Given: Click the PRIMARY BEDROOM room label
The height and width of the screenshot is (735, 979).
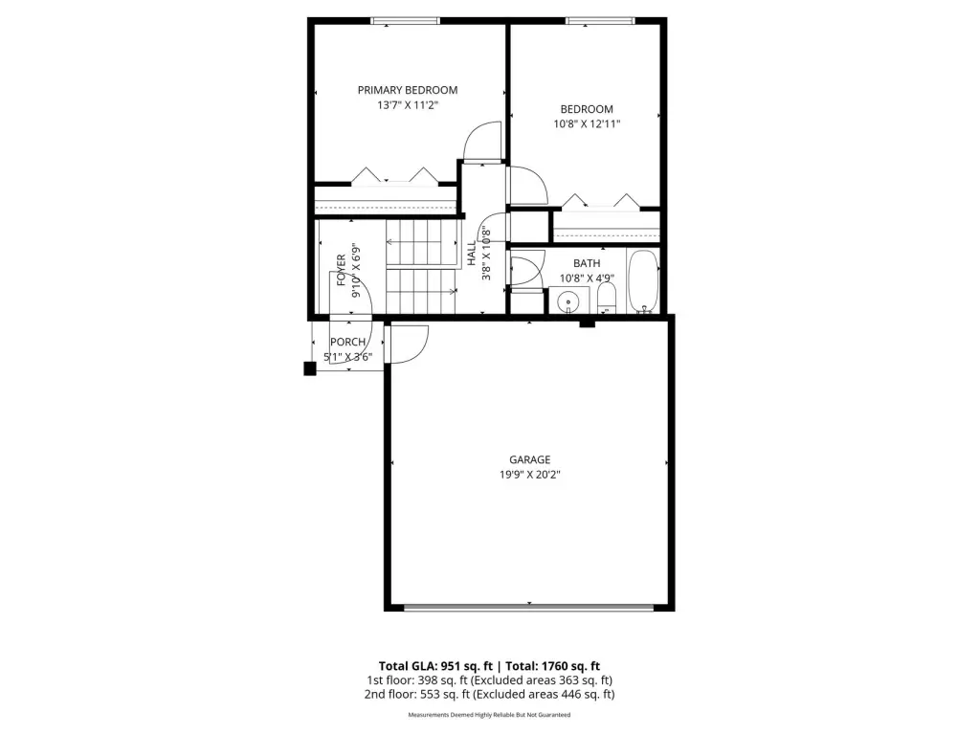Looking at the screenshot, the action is click(x=407, y=90).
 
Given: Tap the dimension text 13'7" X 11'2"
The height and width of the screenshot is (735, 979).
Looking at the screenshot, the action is click(x=407, y=105).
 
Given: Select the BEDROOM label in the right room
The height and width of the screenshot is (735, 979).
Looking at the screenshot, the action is click(x=587, y=109).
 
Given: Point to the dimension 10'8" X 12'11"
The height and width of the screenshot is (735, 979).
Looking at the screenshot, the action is click(x=587, y=123).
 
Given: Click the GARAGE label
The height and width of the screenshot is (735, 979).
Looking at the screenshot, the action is click(x=529, y=459).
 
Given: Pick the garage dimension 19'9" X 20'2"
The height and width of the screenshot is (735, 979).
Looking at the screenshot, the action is click(x=529, y=475).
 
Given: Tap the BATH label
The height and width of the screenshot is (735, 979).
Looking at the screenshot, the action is click(x=587, y=263).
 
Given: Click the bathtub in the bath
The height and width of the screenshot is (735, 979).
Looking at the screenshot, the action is click(x=642, y=280).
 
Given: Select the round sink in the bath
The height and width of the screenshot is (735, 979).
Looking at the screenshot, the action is click(x=568, y=301).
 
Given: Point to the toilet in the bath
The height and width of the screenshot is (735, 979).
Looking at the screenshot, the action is click(x=607, y=298).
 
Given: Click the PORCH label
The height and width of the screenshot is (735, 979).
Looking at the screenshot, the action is click(x=347, y=342).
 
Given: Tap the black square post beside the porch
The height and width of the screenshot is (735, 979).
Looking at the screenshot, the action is click(x=310, y=368).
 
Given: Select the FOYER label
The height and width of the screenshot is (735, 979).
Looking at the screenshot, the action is click(x=341, y=270).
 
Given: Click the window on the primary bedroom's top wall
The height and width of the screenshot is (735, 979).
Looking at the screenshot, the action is click(x=405, y=21).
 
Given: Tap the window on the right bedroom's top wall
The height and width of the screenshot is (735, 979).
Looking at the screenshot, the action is click(x=599, y=21).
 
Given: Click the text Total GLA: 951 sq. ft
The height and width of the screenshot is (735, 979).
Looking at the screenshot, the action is click(x=435, y=666).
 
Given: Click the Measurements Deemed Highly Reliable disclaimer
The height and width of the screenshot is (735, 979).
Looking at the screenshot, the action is click(x=490, y=714).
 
